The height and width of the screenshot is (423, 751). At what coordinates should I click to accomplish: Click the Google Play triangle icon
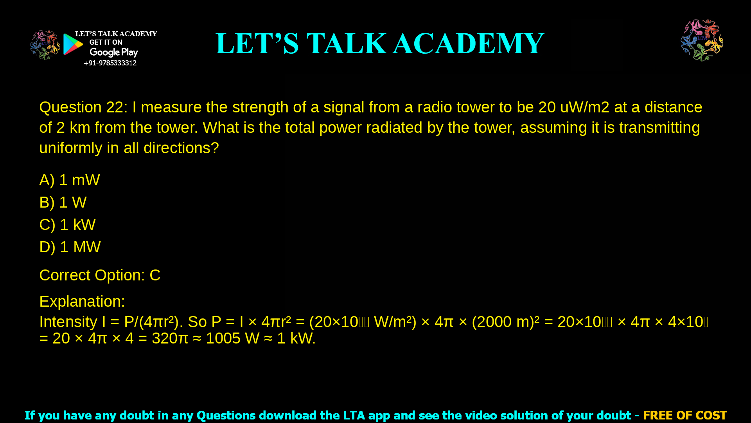73,44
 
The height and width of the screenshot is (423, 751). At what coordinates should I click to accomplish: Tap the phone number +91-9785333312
110,63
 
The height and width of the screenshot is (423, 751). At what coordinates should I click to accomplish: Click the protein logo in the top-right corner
702,40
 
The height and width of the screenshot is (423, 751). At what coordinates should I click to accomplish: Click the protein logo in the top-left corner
45,45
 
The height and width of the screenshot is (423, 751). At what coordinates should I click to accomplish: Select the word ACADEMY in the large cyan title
468,43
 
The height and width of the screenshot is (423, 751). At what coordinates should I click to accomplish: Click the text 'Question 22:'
83,107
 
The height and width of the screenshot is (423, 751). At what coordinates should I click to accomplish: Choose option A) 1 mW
70,180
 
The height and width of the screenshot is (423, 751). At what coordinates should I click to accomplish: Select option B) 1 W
63,202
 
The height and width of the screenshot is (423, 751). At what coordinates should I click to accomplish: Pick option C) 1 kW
67,225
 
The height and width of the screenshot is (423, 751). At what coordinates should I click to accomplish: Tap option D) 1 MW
70,247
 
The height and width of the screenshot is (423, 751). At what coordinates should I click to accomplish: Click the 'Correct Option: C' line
100,275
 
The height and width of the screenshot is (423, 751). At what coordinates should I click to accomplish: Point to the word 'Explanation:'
82,302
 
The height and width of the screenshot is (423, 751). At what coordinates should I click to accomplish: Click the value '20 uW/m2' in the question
573,107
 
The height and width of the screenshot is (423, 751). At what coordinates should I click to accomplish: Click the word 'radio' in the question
435,107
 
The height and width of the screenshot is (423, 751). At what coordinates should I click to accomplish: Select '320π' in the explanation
170,338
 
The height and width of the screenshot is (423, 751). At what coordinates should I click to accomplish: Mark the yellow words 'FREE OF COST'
685,415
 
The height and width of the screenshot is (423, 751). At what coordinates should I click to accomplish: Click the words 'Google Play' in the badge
114,52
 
